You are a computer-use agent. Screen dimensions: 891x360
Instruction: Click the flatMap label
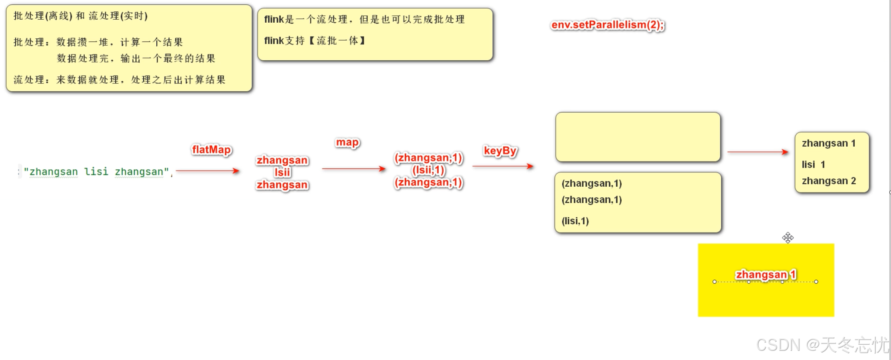(x=211, y=150)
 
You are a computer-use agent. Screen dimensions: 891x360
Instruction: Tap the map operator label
(x=347, y=142)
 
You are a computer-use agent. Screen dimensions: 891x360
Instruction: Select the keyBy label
(x=500, y=151)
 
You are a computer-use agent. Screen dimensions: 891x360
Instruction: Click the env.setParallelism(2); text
(x=607, y=25)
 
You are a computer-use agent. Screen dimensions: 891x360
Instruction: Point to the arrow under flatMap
(x=208, y=171)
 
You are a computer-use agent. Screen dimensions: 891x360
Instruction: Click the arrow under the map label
(x=354, y=168)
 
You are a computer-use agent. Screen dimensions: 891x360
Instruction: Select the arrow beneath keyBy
(x=502, y=166)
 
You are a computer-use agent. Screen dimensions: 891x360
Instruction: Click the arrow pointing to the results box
(x=757, y=152)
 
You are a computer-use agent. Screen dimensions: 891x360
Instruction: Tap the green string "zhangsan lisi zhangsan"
(x=96, y=171)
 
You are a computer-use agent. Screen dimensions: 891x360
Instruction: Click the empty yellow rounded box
(x=638, y=137)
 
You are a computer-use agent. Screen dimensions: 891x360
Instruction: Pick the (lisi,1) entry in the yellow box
(x=575, y=221)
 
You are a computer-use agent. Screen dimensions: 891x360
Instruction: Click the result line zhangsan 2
(x=829, y=181)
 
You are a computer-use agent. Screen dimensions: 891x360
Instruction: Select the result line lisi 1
(x=813, y=165)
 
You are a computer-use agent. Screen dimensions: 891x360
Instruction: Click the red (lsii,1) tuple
(x=428, y=170)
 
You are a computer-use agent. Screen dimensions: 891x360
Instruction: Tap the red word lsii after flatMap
(x=282, y=172)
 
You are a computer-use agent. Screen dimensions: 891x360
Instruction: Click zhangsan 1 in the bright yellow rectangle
(x=766, y=274)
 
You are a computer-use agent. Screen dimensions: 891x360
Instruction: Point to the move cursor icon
(x=788, y=237)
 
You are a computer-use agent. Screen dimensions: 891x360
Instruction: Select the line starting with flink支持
(x=315, y=41)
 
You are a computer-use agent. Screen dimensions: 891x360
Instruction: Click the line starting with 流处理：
(x=119, y=79)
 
